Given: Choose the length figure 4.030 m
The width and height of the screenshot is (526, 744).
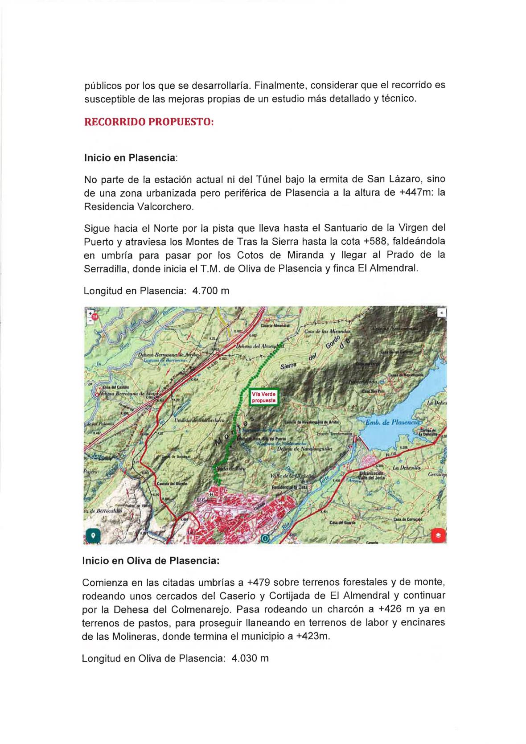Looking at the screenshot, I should point(250,658).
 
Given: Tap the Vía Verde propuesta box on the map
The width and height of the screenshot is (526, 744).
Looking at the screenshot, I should point(263,397).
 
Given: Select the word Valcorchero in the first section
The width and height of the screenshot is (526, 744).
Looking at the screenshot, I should point(160,207).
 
